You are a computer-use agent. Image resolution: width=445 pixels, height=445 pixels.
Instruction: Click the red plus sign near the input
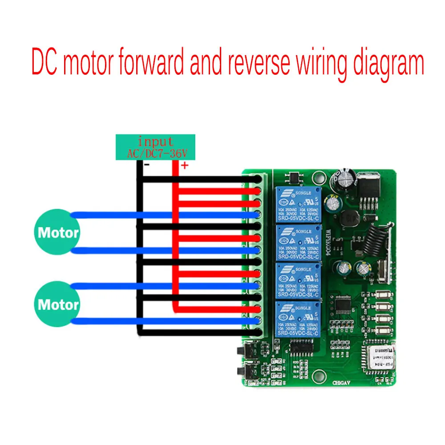pos(183,166)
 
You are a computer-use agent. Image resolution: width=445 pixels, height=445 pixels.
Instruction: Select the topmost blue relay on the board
pos(296,204)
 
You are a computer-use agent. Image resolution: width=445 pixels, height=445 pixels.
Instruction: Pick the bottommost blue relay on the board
pos(296,318)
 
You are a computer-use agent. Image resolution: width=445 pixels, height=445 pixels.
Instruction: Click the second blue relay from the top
pos(296,243)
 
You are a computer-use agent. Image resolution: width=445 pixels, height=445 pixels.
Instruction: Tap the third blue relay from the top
pos(296,281)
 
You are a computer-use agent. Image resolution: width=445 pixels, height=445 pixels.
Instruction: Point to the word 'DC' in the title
pos(46,63)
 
